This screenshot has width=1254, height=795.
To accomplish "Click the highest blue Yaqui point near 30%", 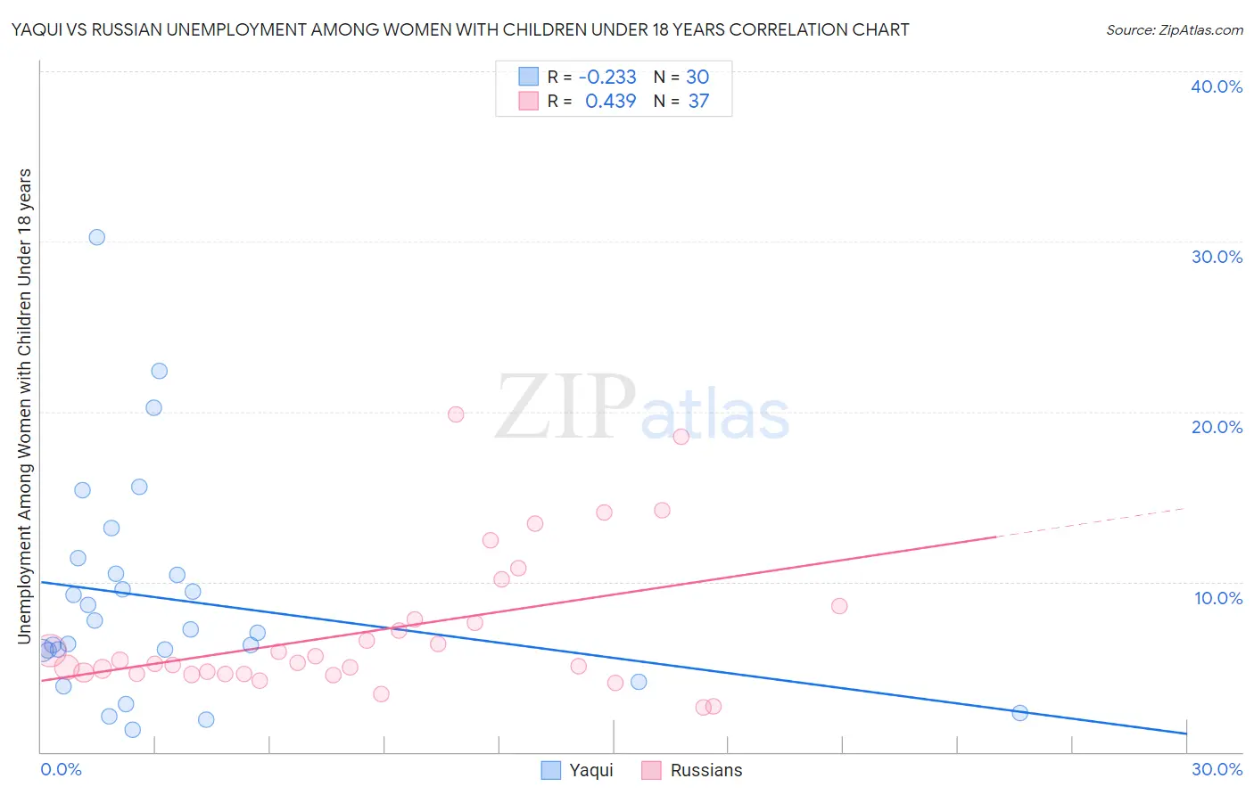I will click(96, 237).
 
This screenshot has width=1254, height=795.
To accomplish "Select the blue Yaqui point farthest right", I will click(1019, 713).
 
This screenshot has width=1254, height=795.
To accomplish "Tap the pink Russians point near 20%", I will click(456, 414).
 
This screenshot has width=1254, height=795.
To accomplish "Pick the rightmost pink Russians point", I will click(838, 606).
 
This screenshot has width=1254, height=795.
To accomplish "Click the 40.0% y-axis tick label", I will click(1217, 86).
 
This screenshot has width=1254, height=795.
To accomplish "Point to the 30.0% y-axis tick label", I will click(1217, 257).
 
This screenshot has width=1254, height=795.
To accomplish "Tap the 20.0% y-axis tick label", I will click(1217, 427).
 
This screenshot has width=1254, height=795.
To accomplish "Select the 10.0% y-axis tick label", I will click(1218, 598).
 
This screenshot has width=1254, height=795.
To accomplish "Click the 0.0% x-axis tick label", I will click(61, 769).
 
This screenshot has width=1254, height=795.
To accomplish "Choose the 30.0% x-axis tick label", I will click(1217, 769).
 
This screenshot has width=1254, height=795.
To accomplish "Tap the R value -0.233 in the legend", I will click(607, 78).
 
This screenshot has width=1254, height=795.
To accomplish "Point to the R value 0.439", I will click(610, 102).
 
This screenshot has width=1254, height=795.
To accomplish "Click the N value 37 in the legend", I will click(698, 102).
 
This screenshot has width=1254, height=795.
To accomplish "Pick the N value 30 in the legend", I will click(697, 78).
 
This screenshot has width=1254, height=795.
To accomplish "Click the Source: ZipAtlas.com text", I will click(1174, 30).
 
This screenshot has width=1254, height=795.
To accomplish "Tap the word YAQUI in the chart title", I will click(37, 30).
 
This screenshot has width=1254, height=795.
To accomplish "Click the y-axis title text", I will click(24, 406).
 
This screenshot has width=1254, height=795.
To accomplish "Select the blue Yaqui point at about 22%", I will click(159, 371).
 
